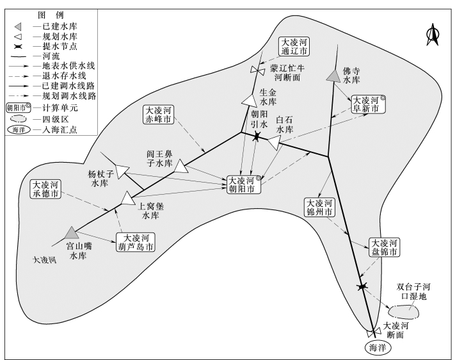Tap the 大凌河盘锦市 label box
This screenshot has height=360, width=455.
click(384, 248)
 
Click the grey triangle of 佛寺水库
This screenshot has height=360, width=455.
click(333, 76)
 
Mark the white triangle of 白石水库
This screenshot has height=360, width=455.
click(275, 142)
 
